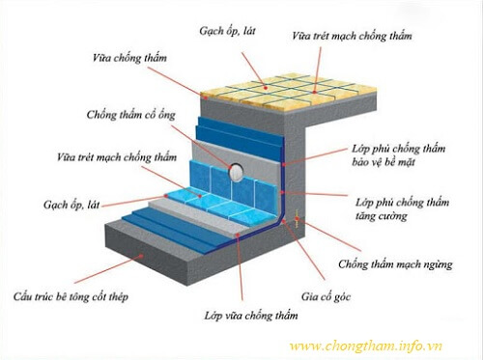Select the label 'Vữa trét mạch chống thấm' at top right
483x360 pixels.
tap(352, 36)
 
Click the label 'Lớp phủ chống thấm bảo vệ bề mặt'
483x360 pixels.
tap(399, 158)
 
